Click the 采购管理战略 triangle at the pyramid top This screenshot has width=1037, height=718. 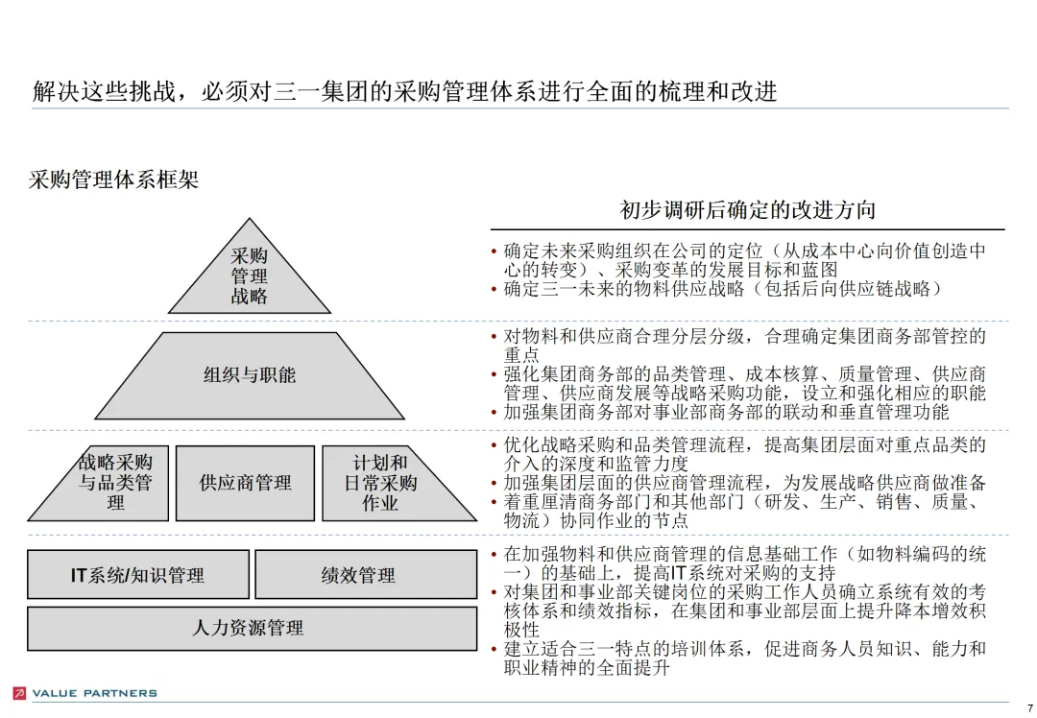250,277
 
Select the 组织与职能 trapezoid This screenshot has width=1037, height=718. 250,376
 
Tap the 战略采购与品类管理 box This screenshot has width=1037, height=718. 112,483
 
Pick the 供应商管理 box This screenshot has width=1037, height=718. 246,483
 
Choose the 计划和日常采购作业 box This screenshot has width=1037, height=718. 382,483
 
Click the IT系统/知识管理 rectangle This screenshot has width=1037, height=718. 138,575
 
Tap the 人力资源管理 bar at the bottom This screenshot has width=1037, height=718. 252,629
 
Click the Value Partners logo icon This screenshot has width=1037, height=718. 19,693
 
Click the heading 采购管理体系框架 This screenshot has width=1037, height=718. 114,179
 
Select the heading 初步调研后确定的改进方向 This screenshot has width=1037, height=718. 747,210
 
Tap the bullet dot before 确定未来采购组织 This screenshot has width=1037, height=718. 494,252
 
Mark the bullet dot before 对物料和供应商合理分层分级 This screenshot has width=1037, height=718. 494,338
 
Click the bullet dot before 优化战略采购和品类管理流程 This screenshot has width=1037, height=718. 494,446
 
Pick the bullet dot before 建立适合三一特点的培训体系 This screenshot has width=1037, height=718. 494,651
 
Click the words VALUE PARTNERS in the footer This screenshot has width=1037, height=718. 94,693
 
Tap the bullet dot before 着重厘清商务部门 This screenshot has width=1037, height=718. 494,503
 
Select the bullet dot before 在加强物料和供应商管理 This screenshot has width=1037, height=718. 494,555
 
